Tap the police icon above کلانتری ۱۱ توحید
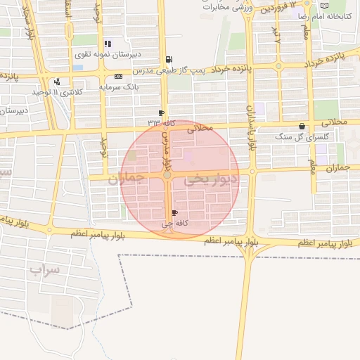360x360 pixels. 56,82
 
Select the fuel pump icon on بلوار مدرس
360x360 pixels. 167,60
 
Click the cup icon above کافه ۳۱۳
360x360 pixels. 162,112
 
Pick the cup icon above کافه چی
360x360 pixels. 174,212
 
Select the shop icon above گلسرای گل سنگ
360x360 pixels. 302,127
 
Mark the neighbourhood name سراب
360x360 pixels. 44,269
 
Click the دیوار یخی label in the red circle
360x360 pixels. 211,181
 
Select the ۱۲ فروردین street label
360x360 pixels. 281,11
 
